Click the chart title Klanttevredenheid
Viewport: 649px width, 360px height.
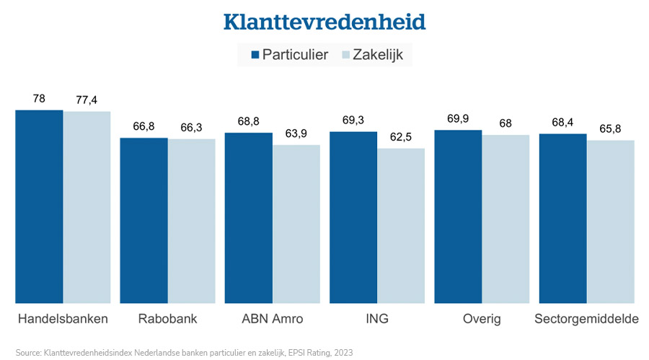click(x=324, y=22)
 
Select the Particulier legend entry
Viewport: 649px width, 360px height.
click(x=289, y=55)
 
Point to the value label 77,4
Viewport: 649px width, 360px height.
click(x=86, y=99)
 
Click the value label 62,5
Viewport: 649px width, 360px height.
click(x=401, y=136)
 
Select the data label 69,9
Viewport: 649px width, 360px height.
click(x=458, y=118)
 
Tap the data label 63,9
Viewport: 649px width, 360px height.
click(x=296, y=133)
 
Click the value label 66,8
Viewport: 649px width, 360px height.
click(x=144, y=126)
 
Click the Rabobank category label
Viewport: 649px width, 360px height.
click(x=167, y=318)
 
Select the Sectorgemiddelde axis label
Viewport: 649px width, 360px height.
click(x=586, y=318)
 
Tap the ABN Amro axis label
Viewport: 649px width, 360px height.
click(x=273, y=318)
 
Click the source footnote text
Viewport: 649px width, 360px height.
click(x=184, y=353)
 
